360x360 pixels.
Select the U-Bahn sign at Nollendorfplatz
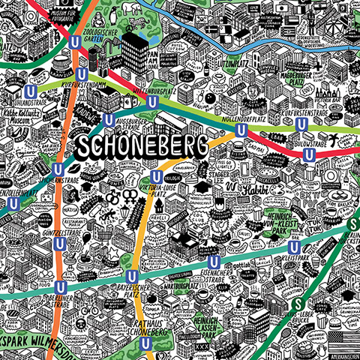[x=241, y=130]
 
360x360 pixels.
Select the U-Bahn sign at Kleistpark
[x=295, y=246]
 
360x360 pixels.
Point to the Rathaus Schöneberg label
[x=139, y=327]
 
